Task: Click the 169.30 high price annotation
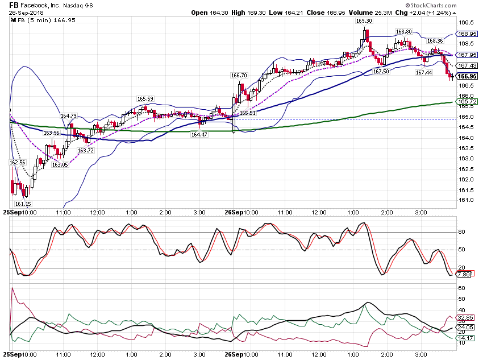(364, 21)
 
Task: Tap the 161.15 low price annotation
(23, 204)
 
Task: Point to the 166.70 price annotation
(239, 76)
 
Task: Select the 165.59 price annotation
(145, 98)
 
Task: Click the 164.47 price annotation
(199, 134)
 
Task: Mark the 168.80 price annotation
(403, 32)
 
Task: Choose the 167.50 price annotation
(381, 72)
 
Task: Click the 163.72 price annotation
(86, 150)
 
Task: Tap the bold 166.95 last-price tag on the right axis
(467, 76)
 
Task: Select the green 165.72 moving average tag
(467, 101)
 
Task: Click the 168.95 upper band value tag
(467, 34)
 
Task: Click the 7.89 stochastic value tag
(464, 274)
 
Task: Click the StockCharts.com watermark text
(431, 5)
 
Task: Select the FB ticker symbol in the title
(14, 5)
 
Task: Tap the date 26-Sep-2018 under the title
(26, 13)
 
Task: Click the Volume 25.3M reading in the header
(370, 13)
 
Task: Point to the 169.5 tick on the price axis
(466, 23)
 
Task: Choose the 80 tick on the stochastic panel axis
(461, 232)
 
